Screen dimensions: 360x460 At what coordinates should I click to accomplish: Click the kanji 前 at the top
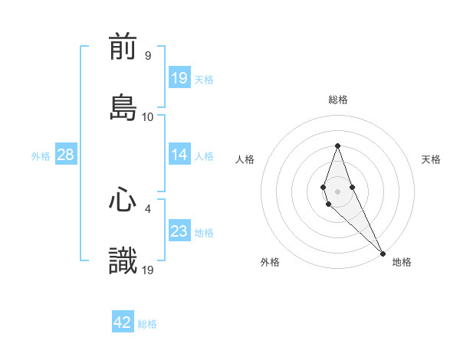click(x=123, y=47)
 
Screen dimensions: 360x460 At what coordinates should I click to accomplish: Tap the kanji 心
click(x=123, y=201)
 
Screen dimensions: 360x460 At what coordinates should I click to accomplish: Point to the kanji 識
click(x=123, y=261)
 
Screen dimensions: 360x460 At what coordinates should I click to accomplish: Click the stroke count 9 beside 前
click(x=148, y=56)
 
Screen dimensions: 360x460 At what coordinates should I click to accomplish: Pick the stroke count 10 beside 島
click(x=148, y=116)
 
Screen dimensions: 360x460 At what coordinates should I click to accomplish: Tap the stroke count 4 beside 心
click(x=148, y=208)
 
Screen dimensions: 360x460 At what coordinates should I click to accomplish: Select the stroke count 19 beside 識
click(x=148, y=270)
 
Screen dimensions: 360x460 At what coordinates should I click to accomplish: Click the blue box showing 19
click(x=179, y=78)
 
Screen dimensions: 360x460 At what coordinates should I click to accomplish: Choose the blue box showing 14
click(x=179, y=155)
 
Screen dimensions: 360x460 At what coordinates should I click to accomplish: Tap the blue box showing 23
click(x=179, y=231)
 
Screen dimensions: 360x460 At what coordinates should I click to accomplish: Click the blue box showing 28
click(x=66, y=155)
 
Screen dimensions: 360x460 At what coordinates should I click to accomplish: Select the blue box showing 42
click(x=123, y=322)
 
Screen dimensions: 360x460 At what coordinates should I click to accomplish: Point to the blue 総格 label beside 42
click(x=147, y=324)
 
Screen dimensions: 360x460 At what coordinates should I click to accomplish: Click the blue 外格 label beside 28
click(x=41, y=155)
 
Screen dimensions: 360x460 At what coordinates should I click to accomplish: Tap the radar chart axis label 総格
click(x=337, y=100)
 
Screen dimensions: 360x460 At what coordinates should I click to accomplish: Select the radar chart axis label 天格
click(x=431, y=159)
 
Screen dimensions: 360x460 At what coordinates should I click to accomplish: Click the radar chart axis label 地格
click(x=402, y=263)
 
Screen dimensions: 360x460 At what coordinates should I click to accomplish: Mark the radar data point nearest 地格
click(x=382, y=252)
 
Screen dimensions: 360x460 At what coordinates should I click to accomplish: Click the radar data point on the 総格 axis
click(x=337, y=146)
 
